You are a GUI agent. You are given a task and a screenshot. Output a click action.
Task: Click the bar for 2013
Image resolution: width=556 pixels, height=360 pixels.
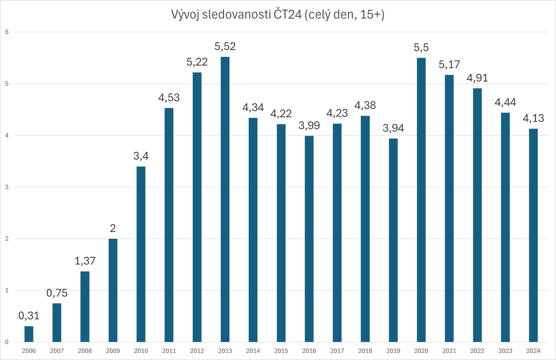pos(225,199)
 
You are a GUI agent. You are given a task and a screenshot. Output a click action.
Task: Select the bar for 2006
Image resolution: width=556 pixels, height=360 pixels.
pos(29,334)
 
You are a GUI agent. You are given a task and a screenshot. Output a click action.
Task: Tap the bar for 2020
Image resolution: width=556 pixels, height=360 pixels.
pos(421,200)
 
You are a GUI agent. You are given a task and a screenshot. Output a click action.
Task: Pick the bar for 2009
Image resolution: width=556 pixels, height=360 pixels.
pos(113,290)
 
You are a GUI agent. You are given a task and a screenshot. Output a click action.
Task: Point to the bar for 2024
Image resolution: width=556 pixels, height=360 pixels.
pos(533,235)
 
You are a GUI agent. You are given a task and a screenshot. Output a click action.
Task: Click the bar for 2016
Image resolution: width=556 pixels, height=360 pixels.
pos(309,239)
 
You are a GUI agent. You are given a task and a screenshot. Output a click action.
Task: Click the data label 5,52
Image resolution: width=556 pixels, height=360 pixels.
pos(225,46)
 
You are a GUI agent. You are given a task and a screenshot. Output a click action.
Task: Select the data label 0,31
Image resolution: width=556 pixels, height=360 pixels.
pos(29,316)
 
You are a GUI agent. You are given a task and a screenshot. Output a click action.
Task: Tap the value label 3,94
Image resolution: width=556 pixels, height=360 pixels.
pos(393,128)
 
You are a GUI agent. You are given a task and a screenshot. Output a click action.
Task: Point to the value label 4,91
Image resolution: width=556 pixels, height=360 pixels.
pos(477,78)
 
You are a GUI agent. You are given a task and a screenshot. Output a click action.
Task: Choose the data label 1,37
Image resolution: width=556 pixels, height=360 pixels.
pos(85,261)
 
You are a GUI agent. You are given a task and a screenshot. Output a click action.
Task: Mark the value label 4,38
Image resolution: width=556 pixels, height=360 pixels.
pos(365,105)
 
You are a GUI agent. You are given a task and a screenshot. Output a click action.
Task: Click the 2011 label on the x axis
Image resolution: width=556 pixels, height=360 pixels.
pos(169,351)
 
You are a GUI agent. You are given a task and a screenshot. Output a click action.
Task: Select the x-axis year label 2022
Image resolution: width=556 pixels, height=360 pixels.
pos(477,351)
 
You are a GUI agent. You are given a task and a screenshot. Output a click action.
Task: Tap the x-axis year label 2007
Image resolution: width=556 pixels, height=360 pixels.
pos(57,351)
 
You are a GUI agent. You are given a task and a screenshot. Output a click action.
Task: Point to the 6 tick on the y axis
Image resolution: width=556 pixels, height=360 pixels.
pos(7,32)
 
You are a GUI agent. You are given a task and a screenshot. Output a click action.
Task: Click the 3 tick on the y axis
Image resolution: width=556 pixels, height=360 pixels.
pos(7,187)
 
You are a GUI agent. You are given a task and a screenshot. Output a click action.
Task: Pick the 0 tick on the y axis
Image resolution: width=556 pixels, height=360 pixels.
pos(7,342)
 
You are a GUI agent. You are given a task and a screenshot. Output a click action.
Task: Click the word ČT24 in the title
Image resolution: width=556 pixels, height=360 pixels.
pos(287,14)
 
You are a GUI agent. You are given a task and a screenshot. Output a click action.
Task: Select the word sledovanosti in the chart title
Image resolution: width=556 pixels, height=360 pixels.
pos(236,14)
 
